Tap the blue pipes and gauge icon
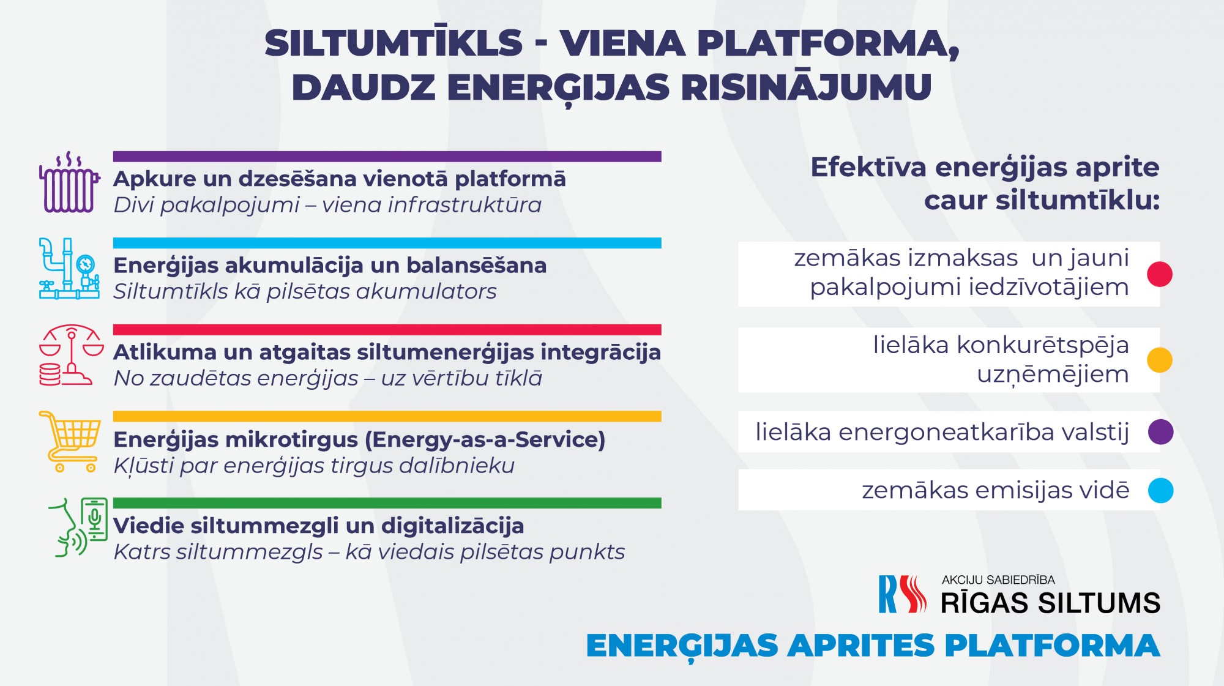pyautogui.click(x=69, y=269)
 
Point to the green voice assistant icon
pyautogui.click(x=78, y=528)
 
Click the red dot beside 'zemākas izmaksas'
pyautogui.click(x=1160, y=274)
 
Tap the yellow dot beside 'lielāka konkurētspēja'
pyautogui.click(x=1160, y=360)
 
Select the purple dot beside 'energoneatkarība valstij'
pyautogui.click(x=1160, y=432)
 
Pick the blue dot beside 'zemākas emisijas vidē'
pyautogui.click(x=1160, y=490)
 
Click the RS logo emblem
pyautogui.click(x=903, y=594)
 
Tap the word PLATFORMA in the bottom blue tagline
pyautogui.click(x=1052, y=646)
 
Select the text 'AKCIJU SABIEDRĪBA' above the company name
pyautogui.click(x=998, y=580)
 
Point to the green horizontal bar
pyautogui.click(x=387, y=503)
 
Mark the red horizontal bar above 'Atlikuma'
pyautogui.click(x=387, y=330)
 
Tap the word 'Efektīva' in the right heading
pyautogui.click(x=868, y=167)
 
